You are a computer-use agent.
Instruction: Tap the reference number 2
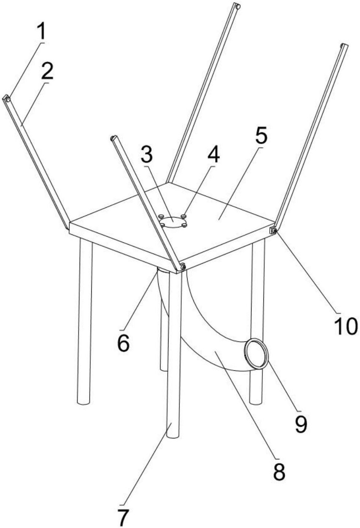pos(47,71)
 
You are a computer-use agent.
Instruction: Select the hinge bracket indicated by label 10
pos(273,230)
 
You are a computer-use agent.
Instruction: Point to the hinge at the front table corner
pos(182,267)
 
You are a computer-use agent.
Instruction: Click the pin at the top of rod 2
pos(7,98)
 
